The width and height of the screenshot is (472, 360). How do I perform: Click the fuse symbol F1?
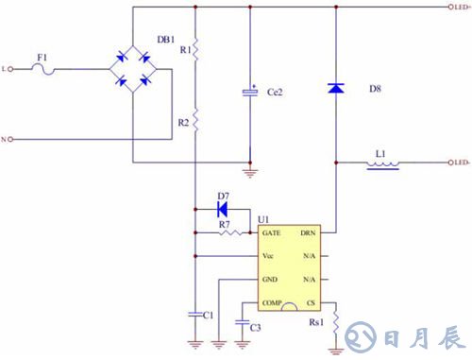point(42,69)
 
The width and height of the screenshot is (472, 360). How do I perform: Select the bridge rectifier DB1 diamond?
point(133,69)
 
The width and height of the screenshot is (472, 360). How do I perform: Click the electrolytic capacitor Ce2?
point(250,92)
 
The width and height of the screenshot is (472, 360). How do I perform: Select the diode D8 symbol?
point(336,88)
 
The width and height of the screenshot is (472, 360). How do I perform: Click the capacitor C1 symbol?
point(194,313)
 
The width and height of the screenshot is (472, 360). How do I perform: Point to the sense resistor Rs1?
point(336,323)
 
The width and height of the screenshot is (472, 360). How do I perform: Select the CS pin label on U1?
point(310,302)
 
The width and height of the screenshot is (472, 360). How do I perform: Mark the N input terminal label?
point(6,140)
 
